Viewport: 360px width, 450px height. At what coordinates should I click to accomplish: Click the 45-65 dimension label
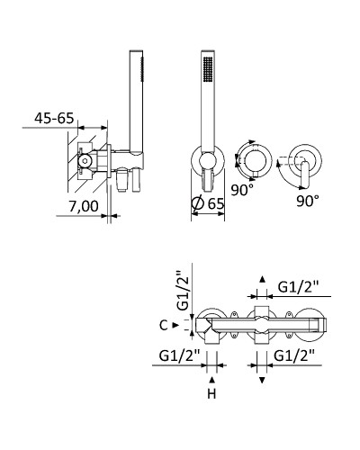(54, 118)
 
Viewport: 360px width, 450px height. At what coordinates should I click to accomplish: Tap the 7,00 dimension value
(84, 206)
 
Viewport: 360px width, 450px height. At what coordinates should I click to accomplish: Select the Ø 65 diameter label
(208, 203)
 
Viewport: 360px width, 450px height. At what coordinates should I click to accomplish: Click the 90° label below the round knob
(242, 190)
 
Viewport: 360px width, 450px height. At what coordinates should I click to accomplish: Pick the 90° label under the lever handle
(308, 201)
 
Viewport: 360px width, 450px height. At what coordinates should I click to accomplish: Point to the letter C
(164, 325)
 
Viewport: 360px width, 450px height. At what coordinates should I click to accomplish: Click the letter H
(211, 394)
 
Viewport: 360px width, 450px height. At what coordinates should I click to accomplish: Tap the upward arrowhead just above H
(212, 380)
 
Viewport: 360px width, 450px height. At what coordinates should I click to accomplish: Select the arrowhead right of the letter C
(175, 325)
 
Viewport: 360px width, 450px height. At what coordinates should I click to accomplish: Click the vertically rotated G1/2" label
(183, 291)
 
